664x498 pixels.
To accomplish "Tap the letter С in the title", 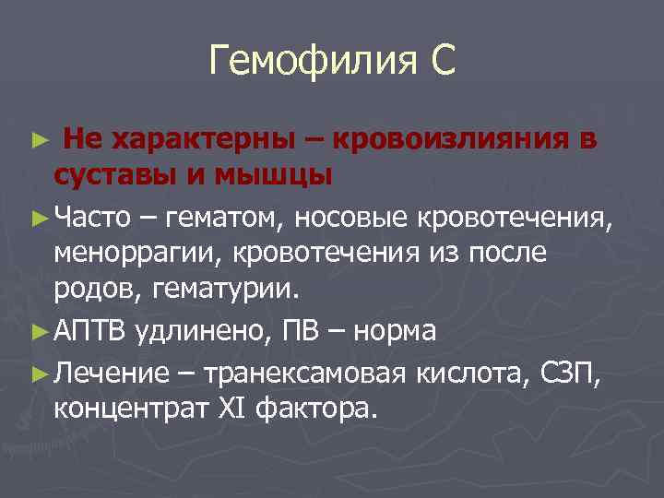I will pos(441,62).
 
